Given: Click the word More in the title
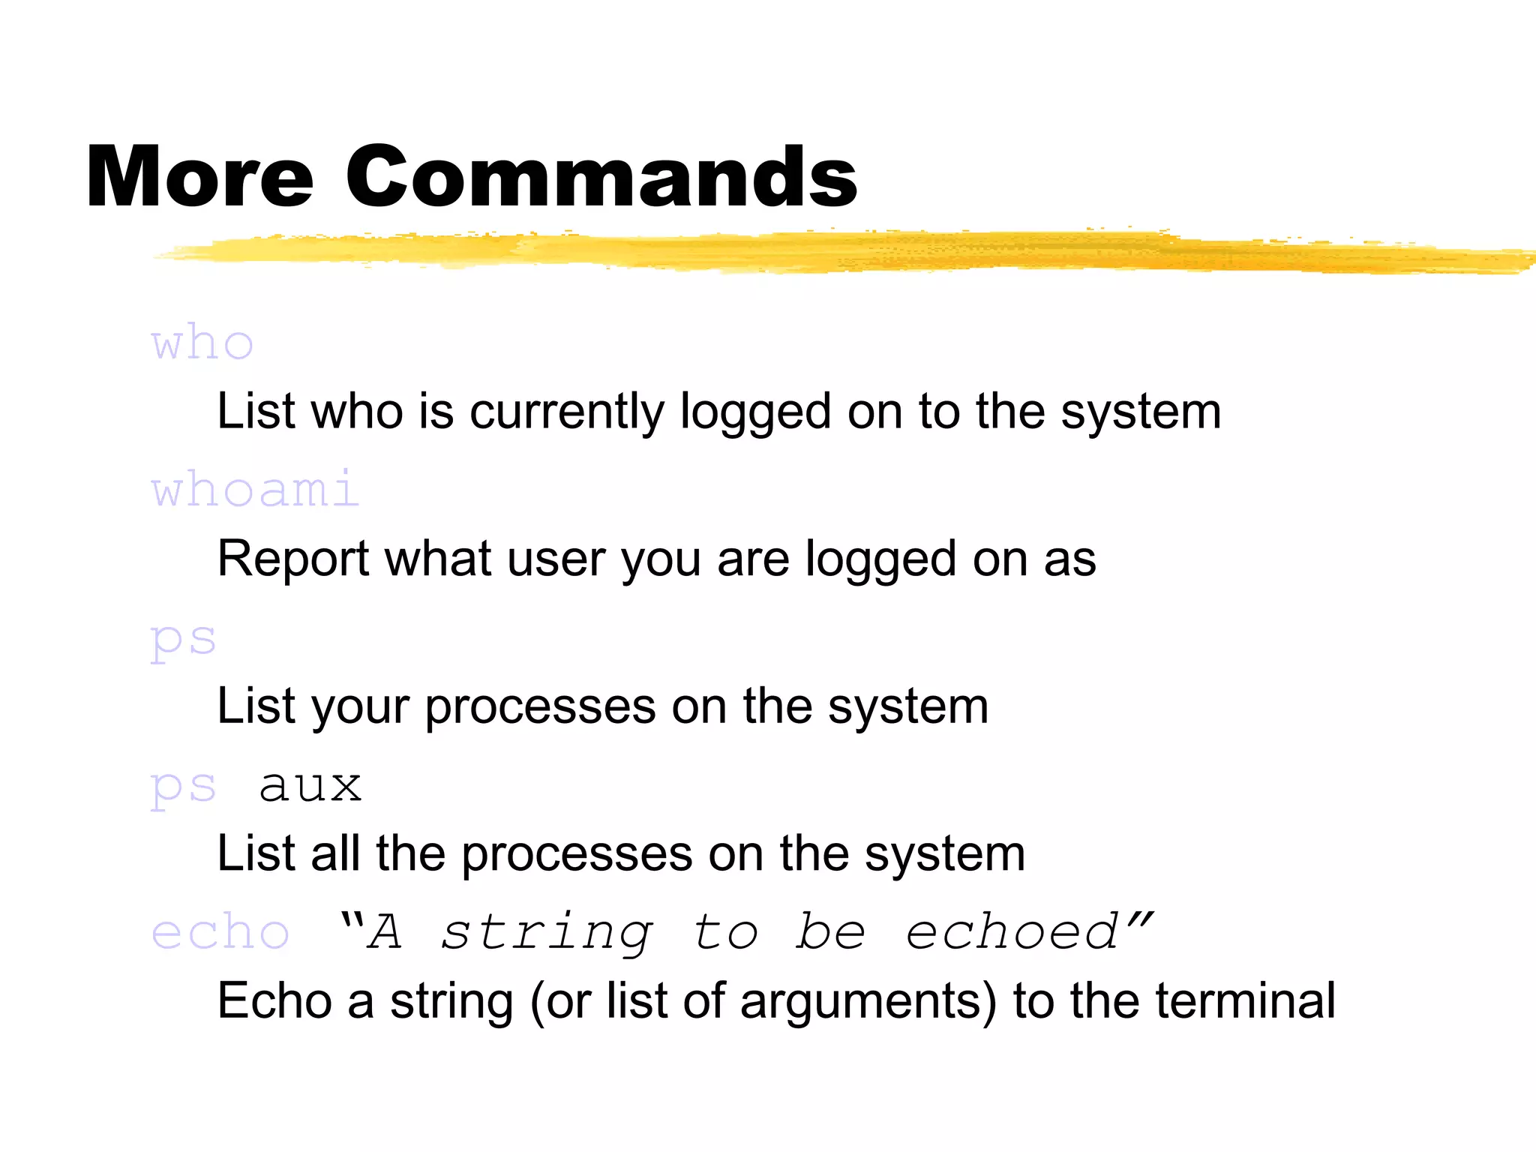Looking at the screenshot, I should click(199, 176).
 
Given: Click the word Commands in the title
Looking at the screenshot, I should click(601, 176).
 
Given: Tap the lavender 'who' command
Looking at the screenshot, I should click(202, 343).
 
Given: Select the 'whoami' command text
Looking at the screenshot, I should click(255, 490).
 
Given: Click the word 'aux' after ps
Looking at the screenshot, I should click(310, 786).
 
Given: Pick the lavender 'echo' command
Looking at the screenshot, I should click(220, 932).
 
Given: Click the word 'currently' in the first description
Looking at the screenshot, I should click(566, 412).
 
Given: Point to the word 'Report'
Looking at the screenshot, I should click(293, 559).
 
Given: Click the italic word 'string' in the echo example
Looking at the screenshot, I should click(547, 932).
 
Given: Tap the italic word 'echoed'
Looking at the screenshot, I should click(1012, 932).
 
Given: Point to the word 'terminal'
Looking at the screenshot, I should click(1245, 1000).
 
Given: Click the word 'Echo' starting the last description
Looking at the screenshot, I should click(274, 1000).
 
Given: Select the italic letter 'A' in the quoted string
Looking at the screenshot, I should click(385, 932).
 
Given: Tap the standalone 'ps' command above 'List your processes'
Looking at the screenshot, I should click(183, 640).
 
